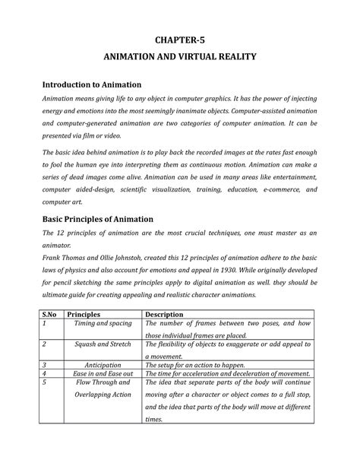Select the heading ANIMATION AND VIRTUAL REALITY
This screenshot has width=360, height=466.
point(180,56)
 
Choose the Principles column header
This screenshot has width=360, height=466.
point(89,313)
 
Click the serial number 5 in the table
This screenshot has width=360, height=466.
point(45,383)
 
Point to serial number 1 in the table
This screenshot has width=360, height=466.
point(45,324)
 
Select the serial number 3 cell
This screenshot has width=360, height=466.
point(45,364)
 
